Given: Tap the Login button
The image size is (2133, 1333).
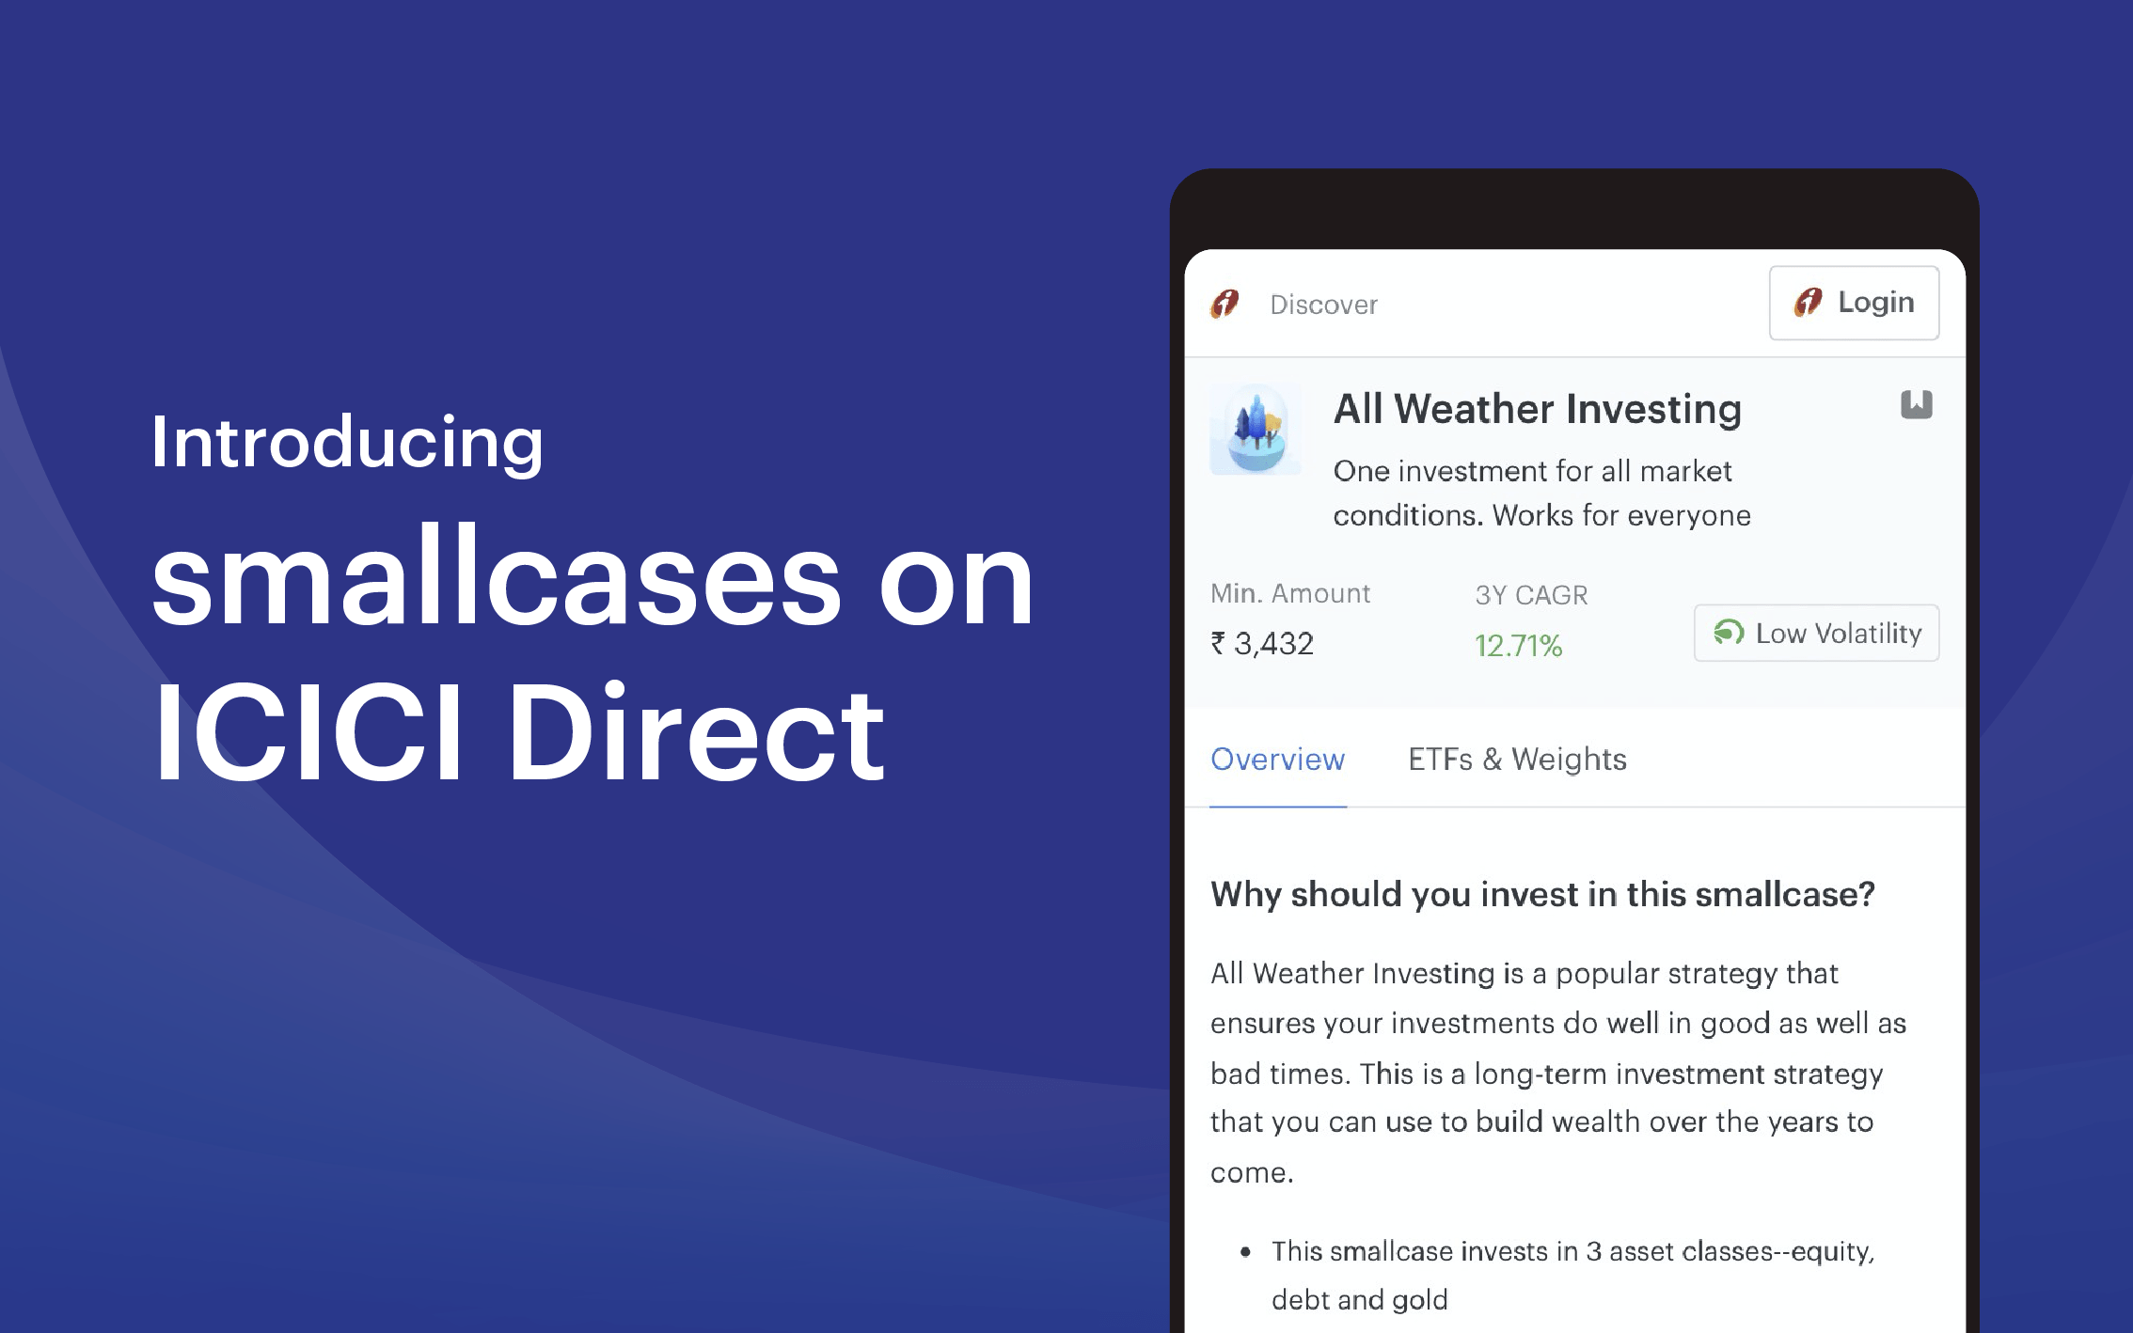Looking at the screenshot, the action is click(1854, 303).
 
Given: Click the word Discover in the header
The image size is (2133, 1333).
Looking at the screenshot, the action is click(1323, 305).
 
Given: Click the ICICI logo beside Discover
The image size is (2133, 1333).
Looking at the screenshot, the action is click(1224, 304).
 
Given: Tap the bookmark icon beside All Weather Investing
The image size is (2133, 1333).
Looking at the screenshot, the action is click(1916, 404).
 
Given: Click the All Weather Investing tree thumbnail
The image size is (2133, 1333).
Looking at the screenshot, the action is click(1256, 429).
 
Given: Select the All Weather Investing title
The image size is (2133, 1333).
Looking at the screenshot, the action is click(1538, 409).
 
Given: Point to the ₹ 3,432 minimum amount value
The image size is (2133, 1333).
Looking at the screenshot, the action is click(1262, 644).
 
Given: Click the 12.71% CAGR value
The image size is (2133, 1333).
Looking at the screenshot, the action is click(1518, 646).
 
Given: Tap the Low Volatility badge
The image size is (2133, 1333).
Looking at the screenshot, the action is click(1816, 633).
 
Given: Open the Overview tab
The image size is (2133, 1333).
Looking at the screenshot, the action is click(1277, 760).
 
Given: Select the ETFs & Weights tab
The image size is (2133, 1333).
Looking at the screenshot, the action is click(1517, 760).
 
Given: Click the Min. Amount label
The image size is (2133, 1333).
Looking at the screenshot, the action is click(1290, 593).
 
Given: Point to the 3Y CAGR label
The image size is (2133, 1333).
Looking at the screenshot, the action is click(1531, 595).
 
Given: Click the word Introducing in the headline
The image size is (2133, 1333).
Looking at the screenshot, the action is click(347, 443).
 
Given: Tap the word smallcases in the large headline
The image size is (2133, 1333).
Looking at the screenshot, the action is click(497, 575).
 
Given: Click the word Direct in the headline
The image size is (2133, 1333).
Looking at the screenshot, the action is click(696, 732).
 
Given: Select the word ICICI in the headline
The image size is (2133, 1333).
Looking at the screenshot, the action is click(308, 732).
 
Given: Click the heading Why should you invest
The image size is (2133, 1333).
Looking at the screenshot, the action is click(1542, 894).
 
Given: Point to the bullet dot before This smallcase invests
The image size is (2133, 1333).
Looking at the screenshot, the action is click(1245, 1251).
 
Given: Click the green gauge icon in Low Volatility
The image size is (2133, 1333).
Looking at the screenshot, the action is click(1729, 633).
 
